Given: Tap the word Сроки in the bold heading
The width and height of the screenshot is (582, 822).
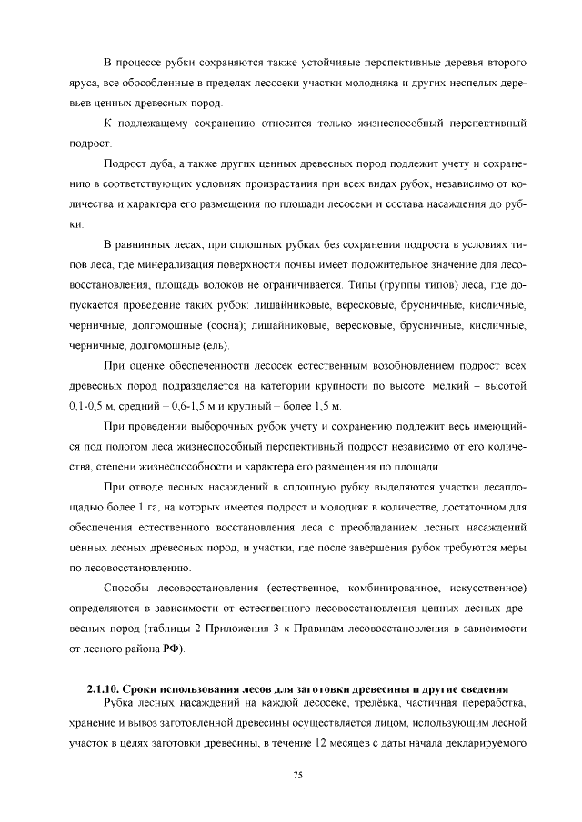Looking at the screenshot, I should (141, 687).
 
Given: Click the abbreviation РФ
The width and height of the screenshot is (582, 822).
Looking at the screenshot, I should (172, 648).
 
